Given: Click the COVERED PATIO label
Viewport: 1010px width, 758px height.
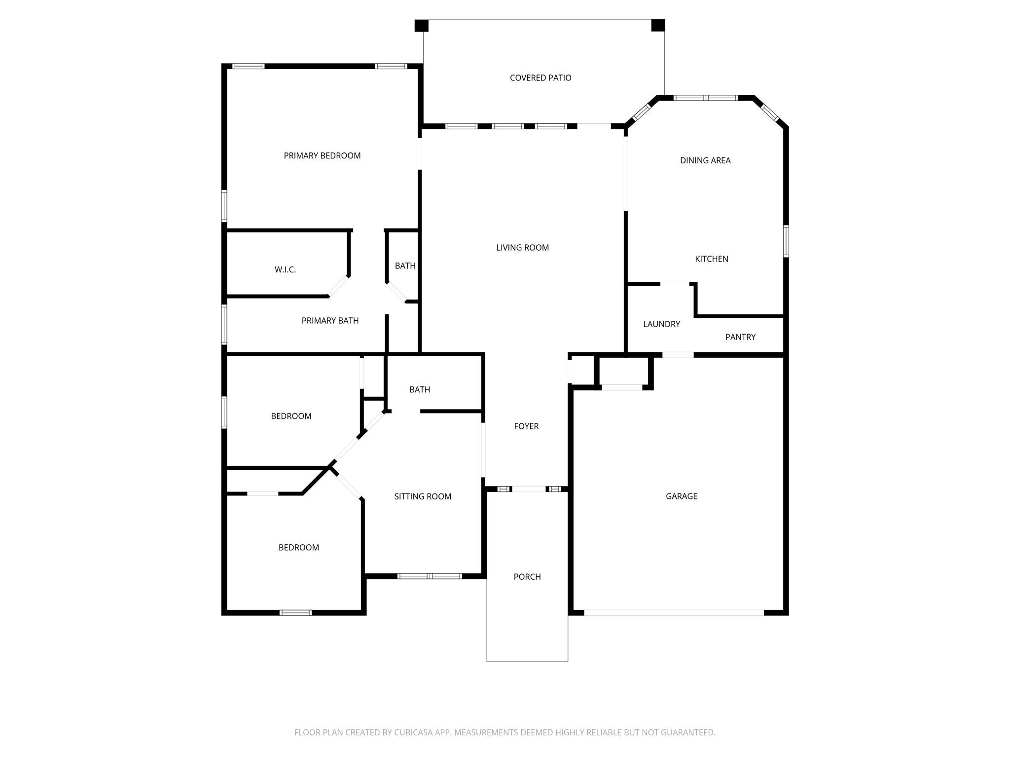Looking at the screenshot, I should click(541, 78).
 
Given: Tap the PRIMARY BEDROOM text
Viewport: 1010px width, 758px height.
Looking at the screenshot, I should click(322, 156).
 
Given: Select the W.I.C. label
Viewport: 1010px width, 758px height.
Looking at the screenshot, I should click(285, 270).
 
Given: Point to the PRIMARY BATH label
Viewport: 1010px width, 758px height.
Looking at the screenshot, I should click(330, 321).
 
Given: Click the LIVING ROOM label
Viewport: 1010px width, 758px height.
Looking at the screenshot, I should click(522, 248).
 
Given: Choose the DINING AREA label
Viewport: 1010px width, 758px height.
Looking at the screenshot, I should click(705, 160).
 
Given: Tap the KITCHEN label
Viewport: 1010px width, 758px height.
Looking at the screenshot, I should click(711, 259).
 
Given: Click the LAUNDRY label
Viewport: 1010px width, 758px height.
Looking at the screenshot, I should click(661, 324).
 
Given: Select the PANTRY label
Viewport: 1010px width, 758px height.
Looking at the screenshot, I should click(740, 337).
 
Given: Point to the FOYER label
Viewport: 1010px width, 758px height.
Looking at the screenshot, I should click(526, 426).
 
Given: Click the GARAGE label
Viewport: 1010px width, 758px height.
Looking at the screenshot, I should click(681, 496).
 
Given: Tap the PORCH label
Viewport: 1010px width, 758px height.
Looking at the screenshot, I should click(527, 577).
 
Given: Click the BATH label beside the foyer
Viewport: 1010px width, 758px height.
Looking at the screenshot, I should click(420, 390).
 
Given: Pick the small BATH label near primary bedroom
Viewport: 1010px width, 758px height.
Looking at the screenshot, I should click(405, 266).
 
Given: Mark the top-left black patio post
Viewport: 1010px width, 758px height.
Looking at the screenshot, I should click(421, 26).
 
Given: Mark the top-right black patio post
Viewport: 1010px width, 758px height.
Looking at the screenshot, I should click(658, 25).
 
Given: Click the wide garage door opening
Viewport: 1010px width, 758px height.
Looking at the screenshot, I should click(674, 613).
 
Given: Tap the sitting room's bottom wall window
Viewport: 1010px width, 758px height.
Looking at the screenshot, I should click(430, 576).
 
